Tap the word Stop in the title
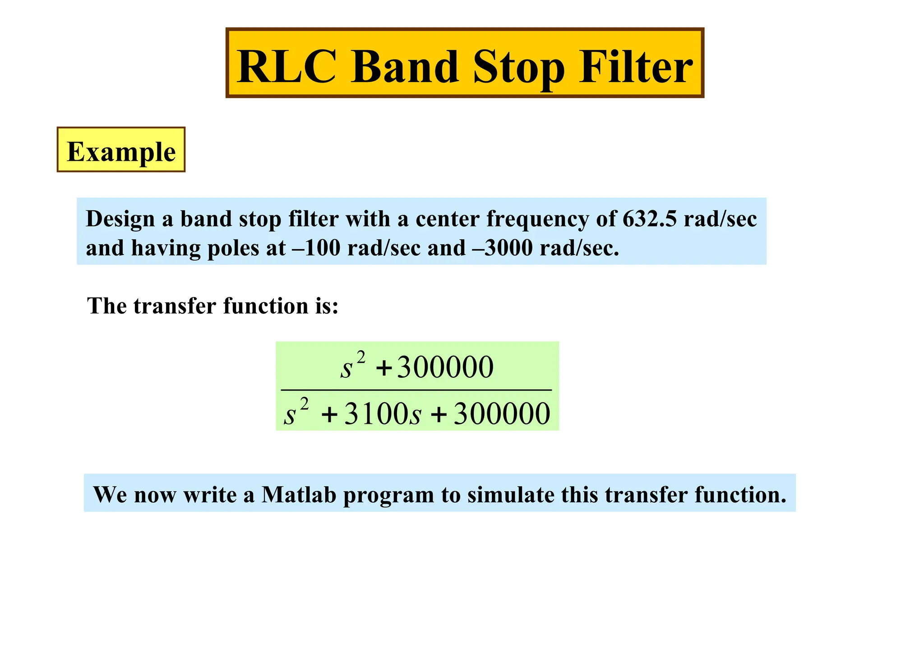pos(518,68)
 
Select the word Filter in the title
pos(636,67)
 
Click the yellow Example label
pos(121,151)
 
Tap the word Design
pos(120,220)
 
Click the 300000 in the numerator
pos(445,367)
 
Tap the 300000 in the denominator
pos(502,414)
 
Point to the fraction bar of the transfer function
pos(416,390)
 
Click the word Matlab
pos(299,494)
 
